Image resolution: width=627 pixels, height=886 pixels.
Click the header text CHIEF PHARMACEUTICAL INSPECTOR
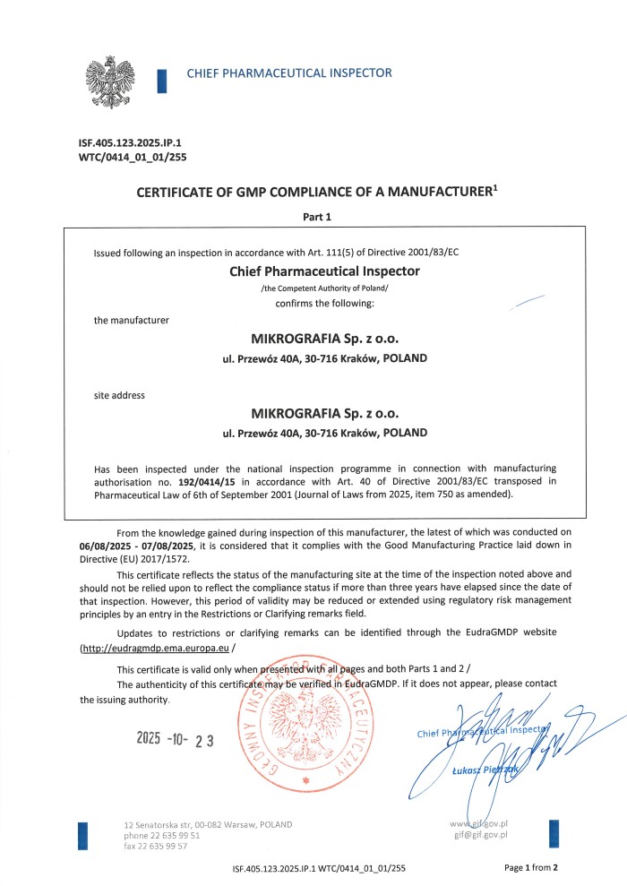pyautogui.click(x=288, y=73)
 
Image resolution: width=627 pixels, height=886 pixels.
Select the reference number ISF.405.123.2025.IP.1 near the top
pyautogui.click(x=137, y=142)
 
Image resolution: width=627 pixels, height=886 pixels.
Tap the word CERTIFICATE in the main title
pyautogui.click(x=182, y=192)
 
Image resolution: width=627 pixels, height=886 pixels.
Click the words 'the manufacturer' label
pyautogui.click(x=131, y=320)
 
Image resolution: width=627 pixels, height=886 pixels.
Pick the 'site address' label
pyautogui.click(x=119, y=395)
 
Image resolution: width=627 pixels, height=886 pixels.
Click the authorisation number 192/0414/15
pyautogui.click(x=208, y=481)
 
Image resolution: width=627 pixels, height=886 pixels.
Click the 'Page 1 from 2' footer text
pyautogui.click(x=531, y=867)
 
